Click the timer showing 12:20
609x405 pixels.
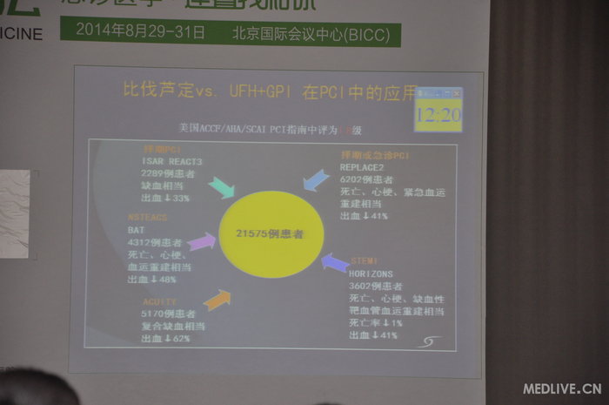coord(438,114)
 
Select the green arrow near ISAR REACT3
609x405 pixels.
coord(221,187)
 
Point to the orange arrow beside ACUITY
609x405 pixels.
coord(217,300)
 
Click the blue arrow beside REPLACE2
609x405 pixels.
coord(315,180)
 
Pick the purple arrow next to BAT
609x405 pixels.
coord(202,241)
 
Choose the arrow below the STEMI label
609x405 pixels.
coord(335,262)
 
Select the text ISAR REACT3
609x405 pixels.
coord(171,161)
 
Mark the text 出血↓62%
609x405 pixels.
coord(158,338)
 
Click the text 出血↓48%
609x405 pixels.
coord(151,280)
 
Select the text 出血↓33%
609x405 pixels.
coord(165,199)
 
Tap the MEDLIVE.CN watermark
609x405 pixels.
coord(562,388)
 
